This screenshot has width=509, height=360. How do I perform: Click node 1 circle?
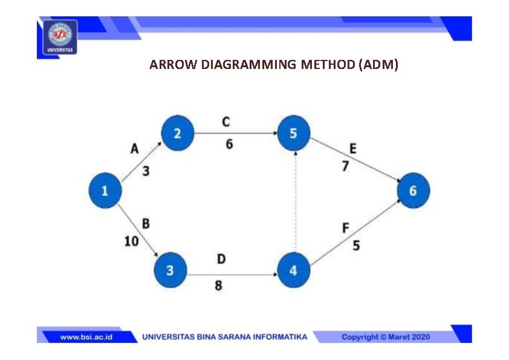point(105,191)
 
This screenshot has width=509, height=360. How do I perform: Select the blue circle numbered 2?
point(177,133)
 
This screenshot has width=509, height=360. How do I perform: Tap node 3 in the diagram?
point(170,270)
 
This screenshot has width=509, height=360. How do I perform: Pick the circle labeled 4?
point(293,270)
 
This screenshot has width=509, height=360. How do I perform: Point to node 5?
point(293,133)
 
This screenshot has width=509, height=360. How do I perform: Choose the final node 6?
point(413,191)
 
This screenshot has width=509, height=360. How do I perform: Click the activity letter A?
point(135,149)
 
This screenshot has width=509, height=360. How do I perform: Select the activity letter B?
point(146,224)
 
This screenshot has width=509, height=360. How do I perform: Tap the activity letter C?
point(225,122)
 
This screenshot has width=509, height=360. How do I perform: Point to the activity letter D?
point(221,259)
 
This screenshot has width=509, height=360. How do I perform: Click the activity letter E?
point(352,149)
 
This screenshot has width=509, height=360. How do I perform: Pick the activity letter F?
point(346,228)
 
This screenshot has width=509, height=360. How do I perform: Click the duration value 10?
point(131,241)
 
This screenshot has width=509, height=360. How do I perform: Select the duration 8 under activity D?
point(218,284)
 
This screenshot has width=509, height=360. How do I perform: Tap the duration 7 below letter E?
point(345,166)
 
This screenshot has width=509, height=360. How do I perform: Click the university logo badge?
point(60,36)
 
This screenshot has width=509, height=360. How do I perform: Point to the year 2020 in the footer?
point(417,337)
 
